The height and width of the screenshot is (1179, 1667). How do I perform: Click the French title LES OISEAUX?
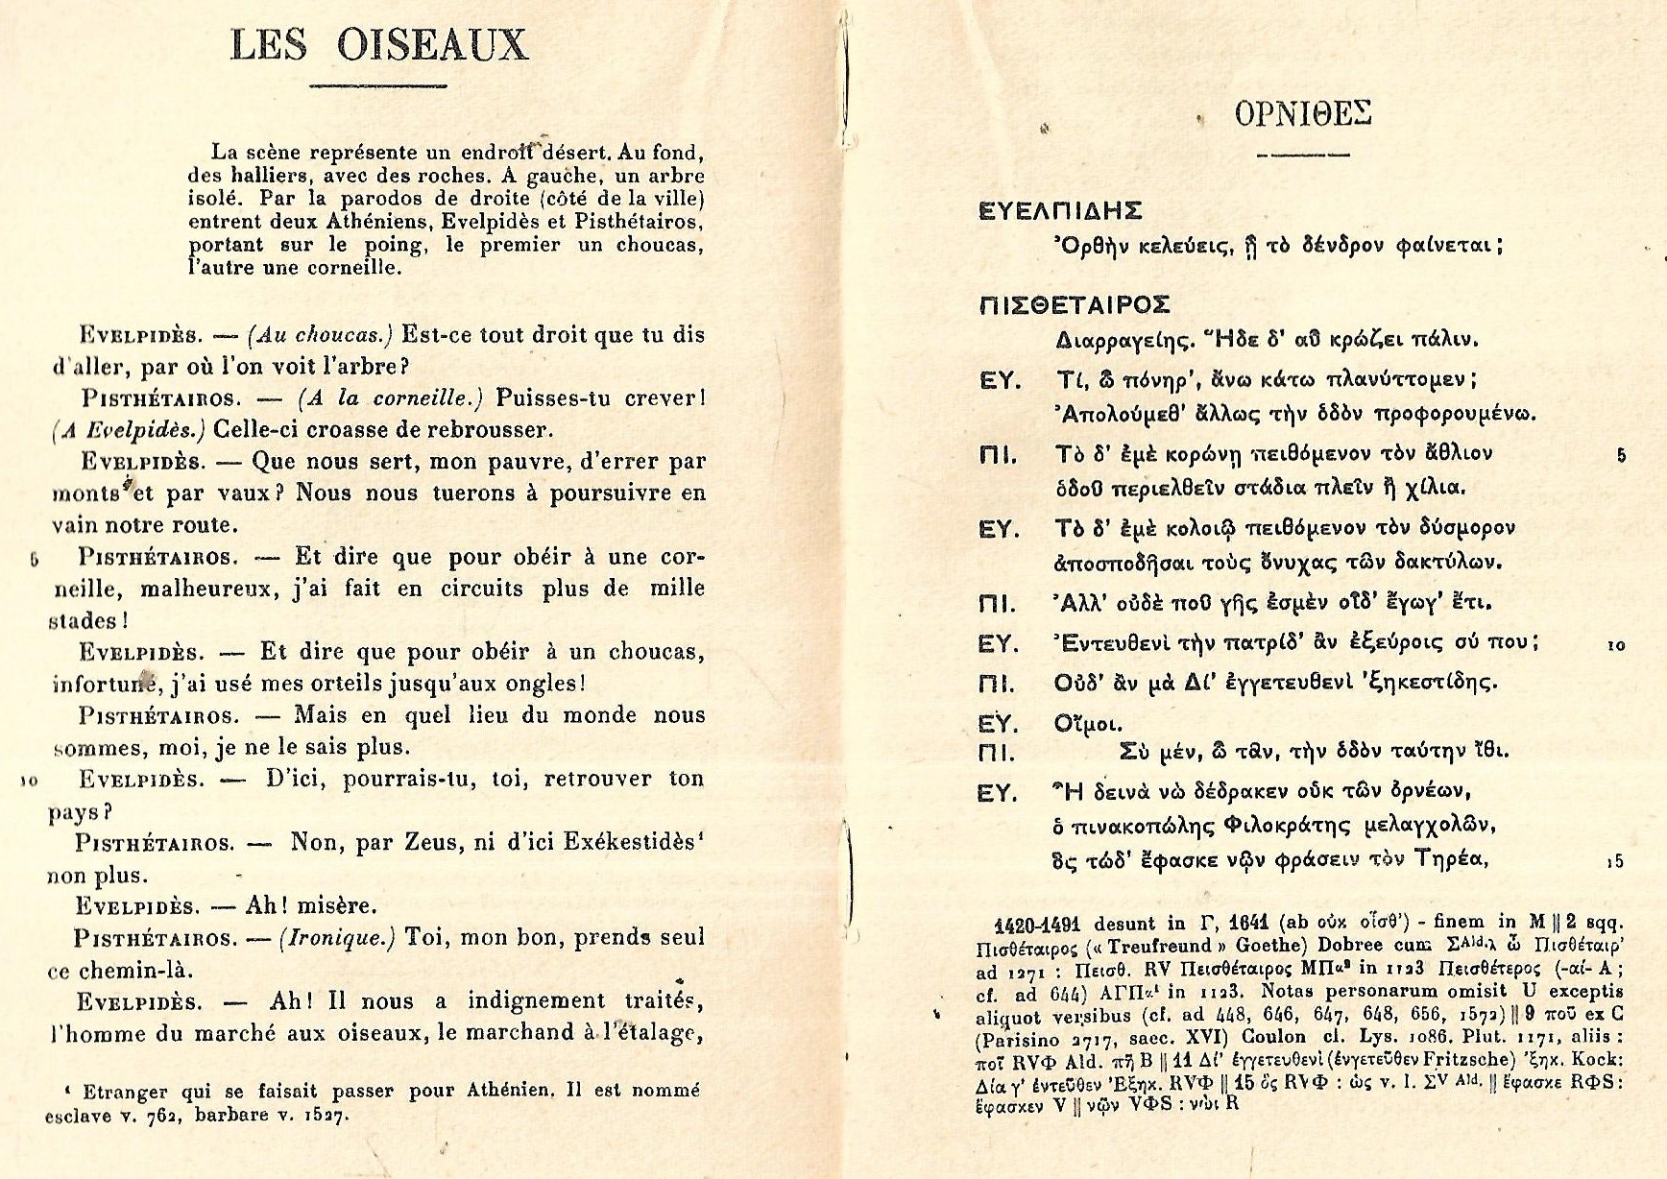[x=379, y=46]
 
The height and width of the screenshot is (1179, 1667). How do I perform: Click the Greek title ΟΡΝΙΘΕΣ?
[x=1303, y=114]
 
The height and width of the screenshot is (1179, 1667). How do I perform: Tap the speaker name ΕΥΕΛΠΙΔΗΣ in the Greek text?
[x=1059, y=210]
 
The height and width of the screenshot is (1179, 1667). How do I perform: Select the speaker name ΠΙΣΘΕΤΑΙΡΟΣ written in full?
[x=1074, y=305]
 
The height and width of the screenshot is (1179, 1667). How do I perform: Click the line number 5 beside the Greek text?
[x=1621, y=455]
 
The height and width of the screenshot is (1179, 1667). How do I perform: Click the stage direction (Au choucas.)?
[x=320, y=335]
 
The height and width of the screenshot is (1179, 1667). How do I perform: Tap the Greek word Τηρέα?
[x=1452, y=859]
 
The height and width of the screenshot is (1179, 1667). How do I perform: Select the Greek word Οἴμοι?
[x=1088, y=724]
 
